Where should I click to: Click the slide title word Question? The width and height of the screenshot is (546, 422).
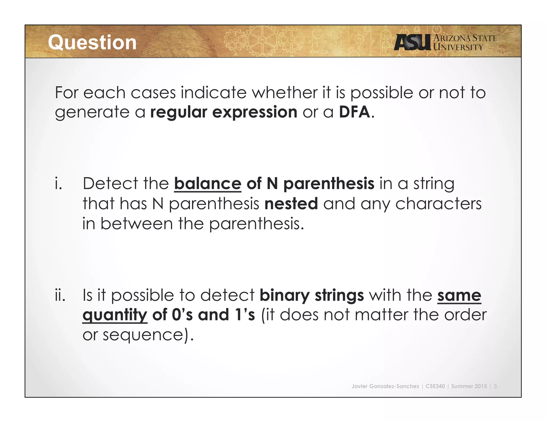(x=92, y=43)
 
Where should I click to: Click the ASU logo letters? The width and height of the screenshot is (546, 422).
(x=412, y=42)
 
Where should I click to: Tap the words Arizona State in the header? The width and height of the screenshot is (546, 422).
(x=465, y=38)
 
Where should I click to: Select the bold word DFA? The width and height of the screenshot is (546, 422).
(x=354, y=112)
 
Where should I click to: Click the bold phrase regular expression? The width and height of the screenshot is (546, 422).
(x=224, y=112)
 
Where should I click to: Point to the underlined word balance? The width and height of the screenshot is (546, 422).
(x=208, y=184)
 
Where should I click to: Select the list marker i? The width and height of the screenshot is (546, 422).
(x=58, y=184)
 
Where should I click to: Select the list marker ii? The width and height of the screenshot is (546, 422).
(x=60, y=295)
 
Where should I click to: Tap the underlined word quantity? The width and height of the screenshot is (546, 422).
(x=115, y=315)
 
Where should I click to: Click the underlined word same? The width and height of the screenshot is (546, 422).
(x=459, y=295)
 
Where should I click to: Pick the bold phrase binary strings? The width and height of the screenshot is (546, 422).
(x=312, y=295)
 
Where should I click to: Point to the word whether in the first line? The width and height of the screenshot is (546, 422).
(x=285, y=93)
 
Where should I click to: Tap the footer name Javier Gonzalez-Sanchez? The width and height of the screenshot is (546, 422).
(x=385, y=386)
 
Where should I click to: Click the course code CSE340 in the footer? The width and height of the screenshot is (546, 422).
(x=435, y=386)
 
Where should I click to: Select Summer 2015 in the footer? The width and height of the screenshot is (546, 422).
(x=469, y=386)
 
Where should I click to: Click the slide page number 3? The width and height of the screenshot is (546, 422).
(x=495, y=386)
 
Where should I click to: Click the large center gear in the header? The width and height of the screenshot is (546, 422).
(x=262, y=41)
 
